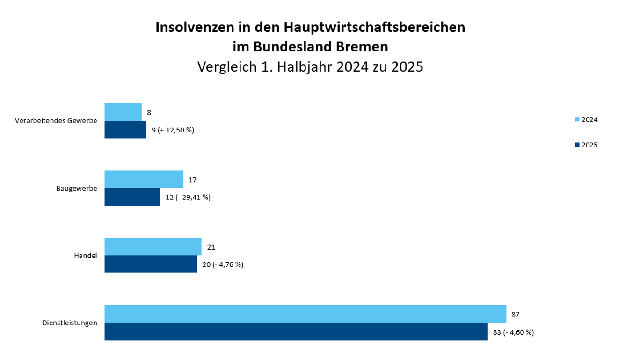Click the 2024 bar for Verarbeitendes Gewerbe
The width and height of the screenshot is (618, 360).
tap(123, 112)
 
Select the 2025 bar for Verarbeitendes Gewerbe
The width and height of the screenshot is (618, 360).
tap(125, 130)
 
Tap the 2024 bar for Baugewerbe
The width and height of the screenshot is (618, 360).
tap(144, 179)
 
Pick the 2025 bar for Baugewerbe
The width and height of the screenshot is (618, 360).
tap(132, 197)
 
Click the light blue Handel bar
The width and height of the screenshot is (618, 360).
tap(153, 247)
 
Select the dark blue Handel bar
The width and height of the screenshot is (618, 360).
tap(151, 264)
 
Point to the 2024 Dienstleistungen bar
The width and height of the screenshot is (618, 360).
tap(305, 314)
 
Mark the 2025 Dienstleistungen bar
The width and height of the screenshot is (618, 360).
tap(296, 331)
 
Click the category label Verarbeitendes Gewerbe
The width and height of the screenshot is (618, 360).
tap(56, 121)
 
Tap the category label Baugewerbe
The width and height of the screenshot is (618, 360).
tap(76, 188)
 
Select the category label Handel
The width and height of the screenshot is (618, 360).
tap(85, 256)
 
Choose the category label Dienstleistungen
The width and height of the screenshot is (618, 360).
tap(69, 323)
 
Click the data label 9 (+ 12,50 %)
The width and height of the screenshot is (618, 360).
tap(173, 130)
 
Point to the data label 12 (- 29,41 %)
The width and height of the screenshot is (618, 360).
tap(188, 198)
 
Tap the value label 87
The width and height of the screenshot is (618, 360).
tap(515, 314)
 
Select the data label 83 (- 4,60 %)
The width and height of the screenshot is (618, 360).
tap(513, 332)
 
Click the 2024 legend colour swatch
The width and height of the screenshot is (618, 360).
tap(577, 120)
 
